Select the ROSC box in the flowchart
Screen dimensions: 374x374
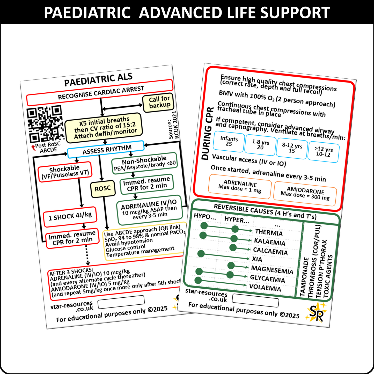[103, 189]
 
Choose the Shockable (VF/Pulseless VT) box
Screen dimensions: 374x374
[65, 172]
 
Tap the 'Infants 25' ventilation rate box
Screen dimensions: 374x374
[229, 141]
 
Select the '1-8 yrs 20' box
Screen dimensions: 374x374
[260, 145]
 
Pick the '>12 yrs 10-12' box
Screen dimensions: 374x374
[324, 152]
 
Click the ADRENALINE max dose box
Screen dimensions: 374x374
[240, 187]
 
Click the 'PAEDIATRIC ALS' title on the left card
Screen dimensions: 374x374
[98, 79]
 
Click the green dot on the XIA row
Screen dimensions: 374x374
[201, 254]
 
